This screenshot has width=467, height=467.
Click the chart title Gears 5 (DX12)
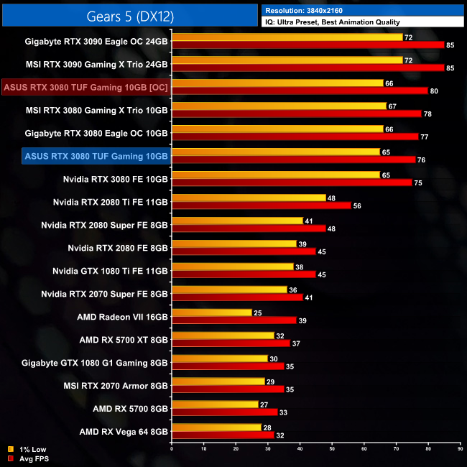coord(129,14)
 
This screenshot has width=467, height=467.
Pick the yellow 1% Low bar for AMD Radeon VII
coord(212,313)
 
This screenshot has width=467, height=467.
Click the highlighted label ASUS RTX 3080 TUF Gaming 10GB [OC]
coord(85,88)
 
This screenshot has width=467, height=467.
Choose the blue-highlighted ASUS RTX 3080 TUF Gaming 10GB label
coord(96,156)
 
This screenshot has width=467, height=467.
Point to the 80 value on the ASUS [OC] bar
coord(433,91)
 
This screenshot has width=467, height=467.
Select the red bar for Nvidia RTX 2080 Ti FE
coord(262,205)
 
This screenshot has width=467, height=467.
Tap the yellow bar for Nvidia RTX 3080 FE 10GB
coord(276,175)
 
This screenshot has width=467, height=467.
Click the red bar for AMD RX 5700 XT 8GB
coord(231,343)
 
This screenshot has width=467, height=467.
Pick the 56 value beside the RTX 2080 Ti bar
coord(356,205)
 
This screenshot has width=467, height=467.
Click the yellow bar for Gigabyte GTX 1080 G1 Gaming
coord(220,359)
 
